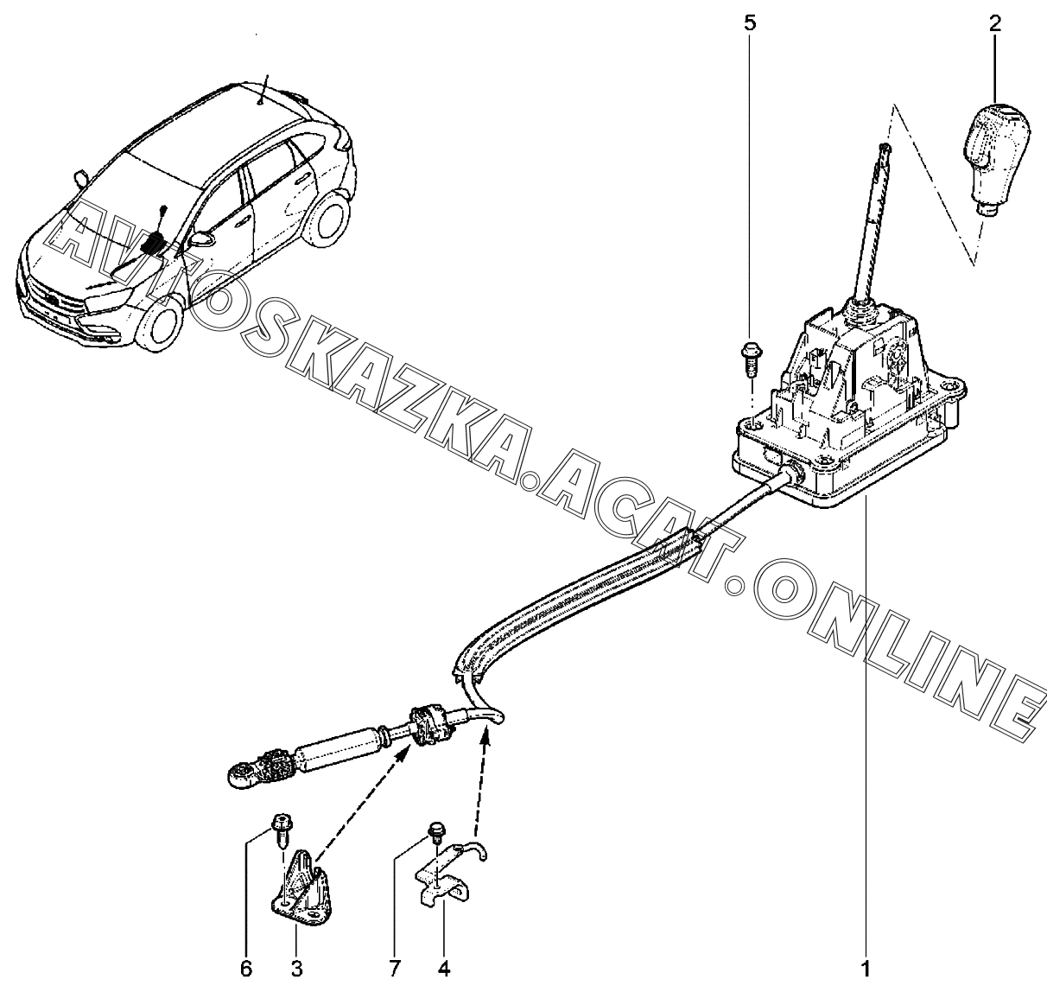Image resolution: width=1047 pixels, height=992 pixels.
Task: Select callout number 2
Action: point(994,22)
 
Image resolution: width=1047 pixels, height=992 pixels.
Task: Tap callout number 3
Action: point(296,968)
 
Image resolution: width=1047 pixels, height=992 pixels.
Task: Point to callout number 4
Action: point(444,968)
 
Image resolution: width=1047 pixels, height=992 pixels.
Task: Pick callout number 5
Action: point(749,22)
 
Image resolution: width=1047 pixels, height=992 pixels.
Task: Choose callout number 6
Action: point(245,968)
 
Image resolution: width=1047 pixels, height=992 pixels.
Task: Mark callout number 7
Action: point(395,968)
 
